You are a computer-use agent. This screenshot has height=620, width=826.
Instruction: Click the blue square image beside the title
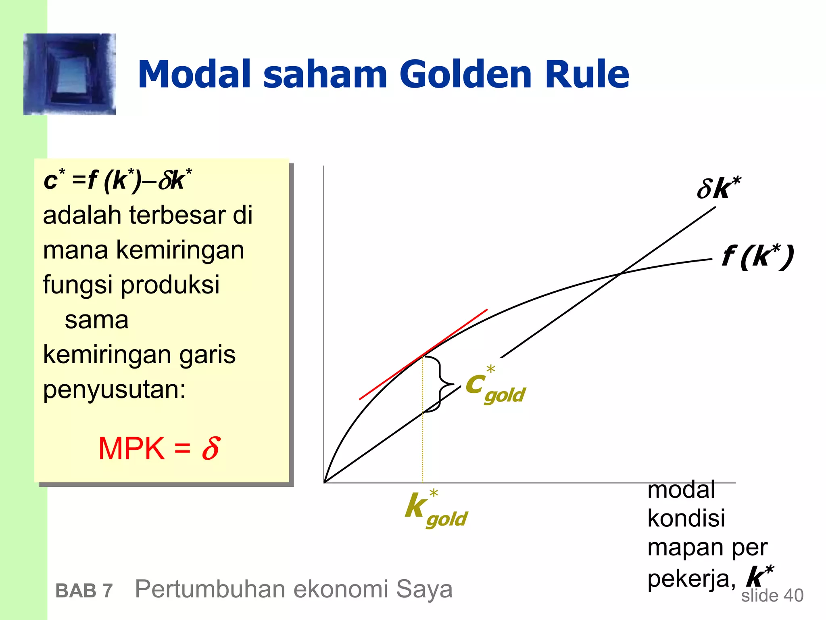coord(69,74)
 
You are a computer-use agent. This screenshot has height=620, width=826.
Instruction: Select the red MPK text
coord(131,448)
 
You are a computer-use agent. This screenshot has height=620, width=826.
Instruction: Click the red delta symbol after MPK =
coord(211,448)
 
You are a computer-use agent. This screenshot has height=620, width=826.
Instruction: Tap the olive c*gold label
coord(495,385)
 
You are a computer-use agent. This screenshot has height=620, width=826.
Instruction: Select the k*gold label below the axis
coord(436,510)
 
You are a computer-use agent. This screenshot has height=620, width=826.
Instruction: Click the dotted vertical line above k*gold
coord(422,444)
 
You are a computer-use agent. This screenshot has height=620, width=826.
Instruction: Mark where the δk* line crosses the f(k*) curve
coord(620,274)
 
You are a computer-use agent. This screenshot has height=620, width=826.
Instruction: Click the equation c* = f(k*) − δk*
coord(117,180)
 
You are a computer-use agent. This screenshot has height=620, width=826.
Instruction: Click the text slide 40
coord(772,595)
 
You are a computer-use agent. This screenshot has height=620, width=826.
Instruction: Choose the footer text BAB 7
coord(84,591)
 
